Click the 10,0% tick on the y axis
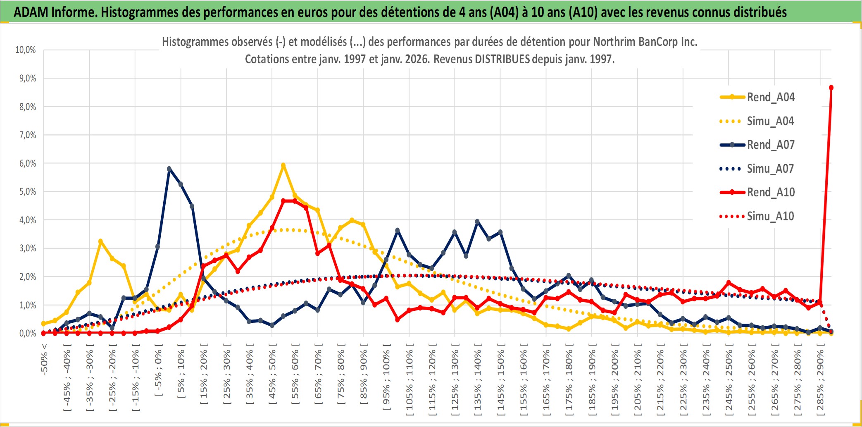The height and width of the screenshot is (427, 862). [26, 50]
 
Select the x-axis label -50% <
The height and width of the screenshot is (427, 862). [44, 360]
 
